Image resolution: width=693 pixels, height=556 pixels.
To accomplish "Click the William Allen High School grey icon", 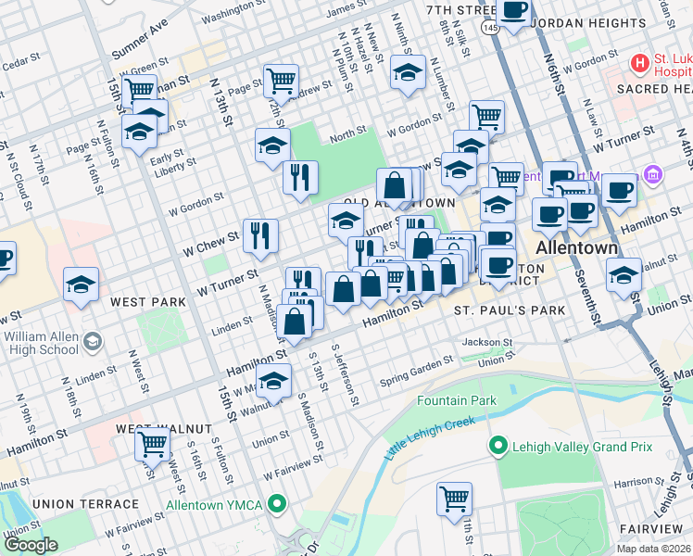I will (x=91, y=343).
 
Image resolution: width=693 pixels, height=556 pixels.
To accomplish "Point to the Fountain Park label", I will (x=456, y=401).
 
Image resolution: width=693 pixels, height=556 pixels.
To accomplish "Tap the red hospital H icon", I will (x=639, y=63).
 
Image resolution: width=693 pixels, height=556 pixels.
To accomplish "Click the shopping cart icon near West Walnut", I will (x=152, y=445).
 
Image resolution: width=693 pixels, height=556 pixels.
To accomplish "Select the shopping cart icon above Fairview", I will (x=455, y=499).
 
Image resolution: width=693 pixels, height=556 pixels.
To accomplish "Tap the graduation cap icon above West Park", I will (x=81, y=284).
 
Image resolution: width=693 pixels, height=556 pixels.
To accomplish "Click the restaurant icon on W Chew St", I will (x=260, y=234).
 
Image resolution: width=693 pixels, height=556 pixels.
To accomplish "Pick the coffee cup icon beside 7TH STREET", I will (x=513, y=11).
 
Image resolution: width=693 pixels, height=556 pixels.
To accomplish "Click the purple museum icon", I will (x=652, y=174).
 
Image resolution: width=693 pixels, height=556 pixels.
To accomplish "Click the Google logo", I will (x=31, y=545).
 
